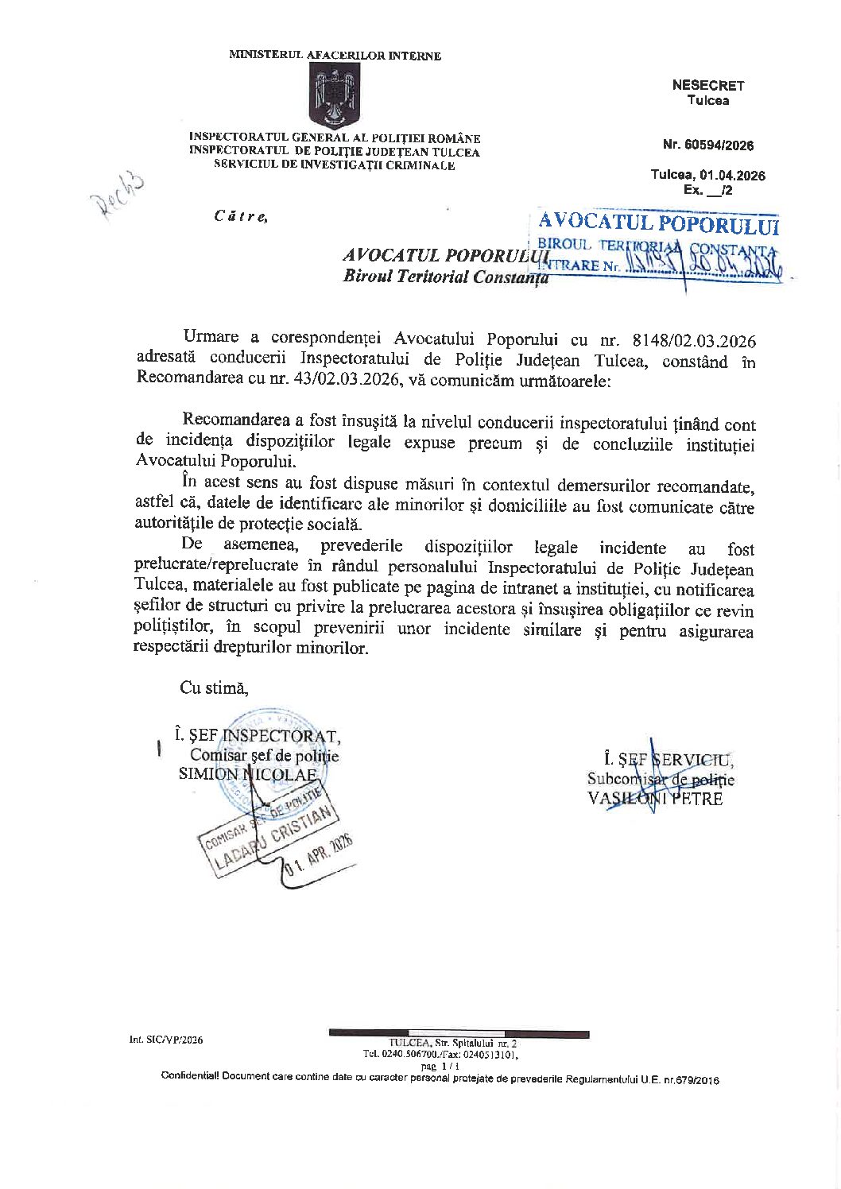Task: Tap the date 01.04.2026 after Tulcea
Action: (732, 176)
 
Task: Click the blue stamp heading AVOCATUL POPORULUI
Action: (658, 224)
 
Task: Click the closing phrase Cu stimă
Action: (214, 688)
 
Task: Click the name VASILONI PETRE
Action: (655, 799)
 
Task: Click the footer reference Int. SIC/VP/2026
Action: (166, 1040)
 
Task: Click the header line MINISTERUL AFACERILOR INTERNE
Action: (335, 56)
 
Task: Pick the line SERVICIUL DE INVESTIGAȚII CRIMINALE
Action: (335, 165)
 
